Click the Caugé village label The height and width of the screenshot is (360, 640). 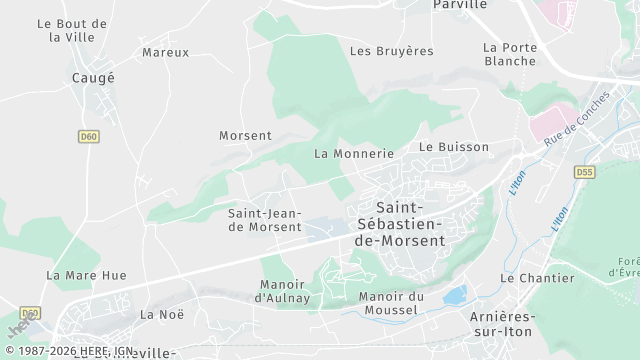click(x=93, y=77)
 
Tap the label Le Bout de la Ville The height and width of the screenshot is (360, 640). click(x=71, y=30)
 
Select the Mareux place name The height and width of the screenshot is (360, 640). click(x=165, y=52)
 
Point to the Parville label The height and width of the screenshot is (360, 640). click(x=459, y=5)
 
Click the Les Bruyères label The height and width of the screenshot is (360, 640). click(x=391, y=50)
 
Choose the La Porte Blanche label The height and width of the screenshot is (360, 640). click(x=509, y=54)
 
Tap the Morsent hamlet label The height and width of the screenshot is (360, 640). click(x=245, y=135)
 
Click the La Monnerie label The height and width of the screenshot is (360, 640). click(x=354, y=154)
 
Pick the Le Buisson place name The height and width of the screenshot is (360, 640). click(x=454, y=147)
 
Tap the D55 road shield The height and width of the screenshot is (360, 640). click(x=584, y=173)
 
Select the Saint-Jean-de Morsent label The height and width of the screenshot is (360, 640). click(x=265, y=220)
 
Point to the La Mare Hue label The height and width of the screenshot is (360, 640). click(x=86, y=275)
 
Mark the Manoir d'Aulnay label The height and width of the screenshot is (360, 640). click(x=284, y=291)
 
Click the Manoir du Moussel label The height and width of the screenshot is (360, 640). click(x=391, y=303)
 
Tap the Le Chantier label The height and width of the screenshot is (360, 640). click(x=537, y=279)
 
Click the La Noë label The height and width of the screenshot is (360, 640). click(x=162, y=314)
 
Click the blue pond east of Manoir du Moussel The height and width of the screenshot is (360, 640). click(x=455, y=295)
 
